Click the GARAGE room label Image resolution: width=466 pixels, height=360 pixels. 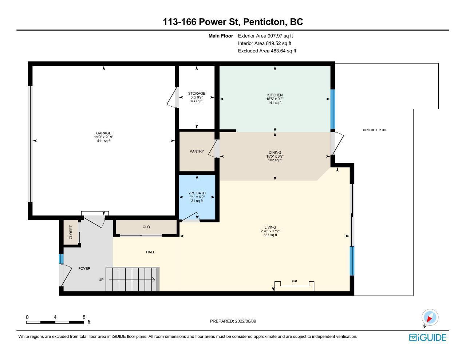[x=104, y=133]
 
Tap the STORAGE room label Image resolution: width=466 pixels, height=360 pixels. [x=197, y=93]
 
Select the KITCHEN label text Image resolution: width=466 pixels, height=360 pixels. [x=275, y=95]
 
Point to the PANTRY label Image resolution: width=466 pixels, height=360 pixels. [x=197, y=151]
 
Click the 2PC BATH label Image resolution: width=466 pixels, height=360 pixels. [x=197, y=193]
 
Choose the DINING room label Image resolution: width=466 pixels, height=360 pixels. [x=275, y=153]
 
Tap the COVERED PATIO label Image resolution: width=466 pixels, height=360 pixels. [x=374, y=130]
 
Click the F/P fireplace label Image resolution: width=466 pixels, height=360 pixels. [x=294, y=281]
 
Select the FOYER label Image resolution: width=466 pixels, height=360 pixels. [x=84, y=268]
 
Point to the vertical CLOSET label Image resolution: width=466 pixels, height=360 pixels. [x=71, y=232]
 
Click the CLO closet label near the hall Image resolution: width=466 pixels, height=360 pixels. [x=146, y=227]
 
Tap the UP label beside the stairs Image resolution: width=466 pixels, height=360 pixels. [x=101, y=280]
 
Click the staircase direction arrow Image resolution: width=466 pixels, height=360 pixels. [x=132, y=280]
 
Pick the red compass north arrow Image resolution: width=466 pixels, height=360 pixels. [x=429, y=319]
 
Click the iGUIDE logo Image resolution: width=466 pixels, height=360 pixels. [x=428, y=337]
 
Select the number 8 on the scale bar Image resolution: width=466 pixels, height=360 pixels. [x=84, y=317]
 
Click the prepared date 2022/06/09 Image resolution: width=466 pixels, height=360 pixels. [x=245, y=321]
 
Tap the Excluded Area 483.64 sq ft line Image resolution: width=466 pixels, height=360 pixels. [x=267, y=51]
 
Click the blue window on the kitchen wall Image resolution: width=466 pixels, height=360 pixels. [x=333, y=109]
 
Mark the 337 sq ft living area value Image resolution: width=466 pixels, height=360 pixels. [x=270, y=235]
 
